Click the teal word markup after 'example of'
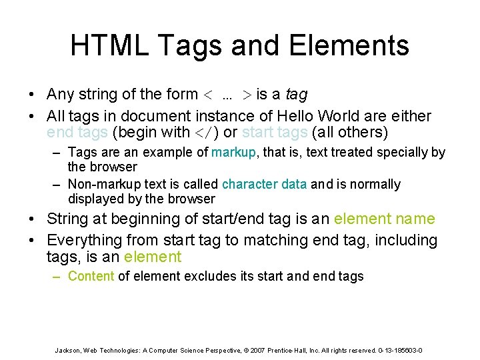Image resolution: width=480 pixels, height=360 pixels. [233, 152]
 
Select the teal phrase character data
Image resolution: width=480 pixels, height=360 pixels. [264, 184]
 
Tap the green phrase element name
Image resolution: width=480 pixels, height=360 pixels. [384, 219]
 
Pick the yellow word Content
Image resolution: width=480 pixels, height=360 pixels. [91, 276]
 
